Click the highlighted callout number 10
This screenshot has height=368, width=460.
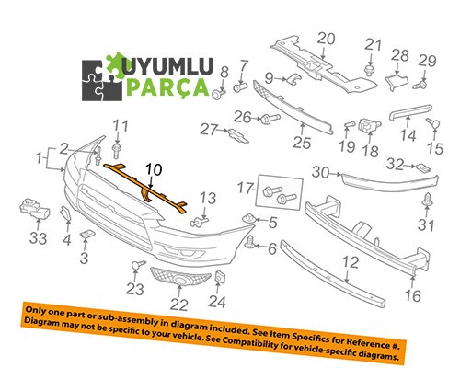154,169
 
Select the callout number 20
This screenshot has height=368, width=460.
326,39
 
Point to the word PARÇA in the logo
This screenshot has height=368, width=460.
167,86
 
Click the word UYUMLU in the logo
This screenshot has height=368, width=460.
167,66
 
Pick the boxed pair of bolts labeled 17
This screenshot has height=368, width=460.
280,194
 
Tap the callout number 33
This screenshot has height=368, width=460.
38,238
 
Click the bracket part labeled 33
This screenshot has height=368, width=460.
35,209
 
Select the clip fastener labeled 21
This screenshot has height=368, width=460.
371,70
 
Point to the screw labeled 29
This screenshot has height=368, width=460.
420,85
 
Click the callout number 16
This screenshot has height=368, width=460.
412,295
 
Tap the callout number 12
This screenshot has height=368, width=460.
351,262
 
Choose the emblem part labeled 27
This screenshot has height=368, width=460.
238,136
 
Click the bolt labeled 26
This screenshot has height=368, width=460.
270,119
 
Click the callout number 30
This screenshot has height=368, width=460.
320,172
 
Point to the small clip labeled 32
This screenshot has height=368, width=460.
423,167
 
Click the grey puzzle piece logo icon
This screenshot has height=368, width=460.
102,80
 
